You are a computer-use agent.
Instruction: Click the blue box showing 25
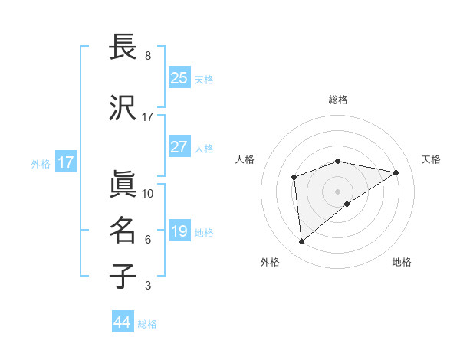[x=179, y=78]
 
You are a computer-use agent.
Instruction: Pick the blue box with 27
[x=179, y=147]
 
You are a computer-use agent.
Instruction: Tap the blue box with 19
[x=179, y=231]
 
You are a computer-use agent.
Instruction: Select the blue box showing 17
[x=65, y=162]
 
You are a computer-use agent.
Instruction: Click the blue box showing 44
[x=123, y=322]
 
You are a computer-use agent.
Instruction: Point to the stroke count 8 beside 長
[x=148, y=56]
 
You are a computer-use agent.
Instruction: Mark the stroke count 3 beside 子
[x=148, y=286]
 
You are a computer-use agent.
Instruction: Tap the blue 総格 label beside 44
[x=147, y=324]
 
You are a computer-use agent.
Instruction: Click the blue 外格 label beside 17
[x=41, y=163]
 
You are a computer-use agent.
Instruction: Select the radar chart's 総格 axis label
[x=338, y=100]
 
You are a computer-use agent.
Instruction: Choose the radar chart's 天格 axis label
[x=431, y=159]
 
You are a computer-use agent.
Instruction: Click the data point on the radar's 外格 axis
[x=302, y=242]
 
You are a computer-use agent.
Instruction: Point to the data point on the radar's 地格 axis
[x=347, y=204]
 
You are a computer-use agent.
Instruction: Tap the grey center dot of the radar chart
[x=337, y=190]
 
